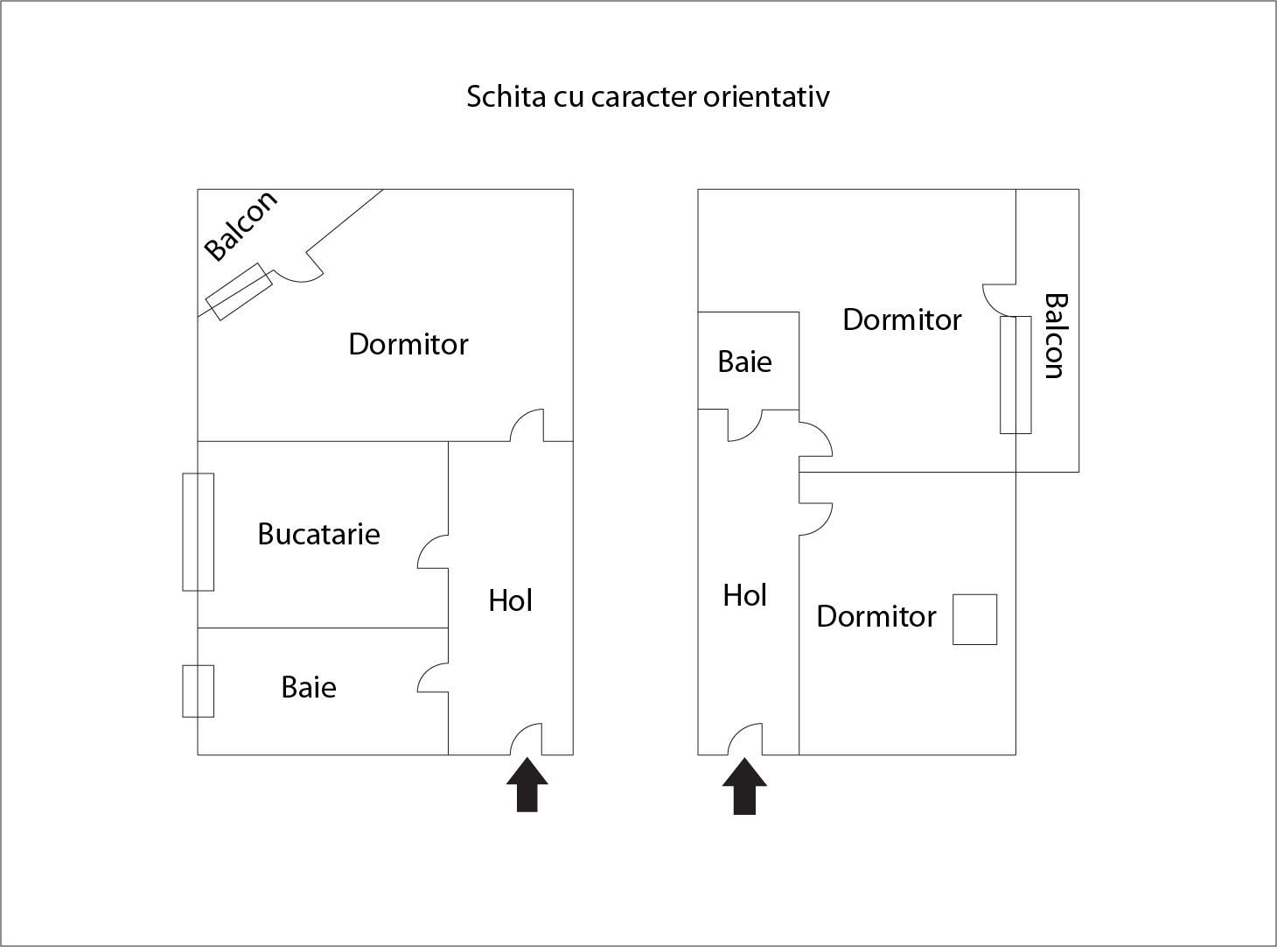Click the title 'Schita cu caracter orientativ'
pos(647,95)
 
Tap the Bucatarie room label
pos(318,534)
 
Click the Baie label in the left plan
pos(309,687)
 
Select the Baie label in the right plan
pos(744,361)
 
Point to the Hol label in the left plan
pos(510,600)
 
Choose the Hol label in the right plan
pos(744,595)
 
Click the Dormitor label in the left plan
pos(408,344)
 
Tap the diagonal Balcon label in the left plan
pos(240,225)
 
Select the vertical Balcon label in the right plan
pos(1056,336)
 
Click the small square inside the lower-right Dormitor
pos(974,620)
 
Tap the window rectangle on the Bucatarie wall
pos(198,532)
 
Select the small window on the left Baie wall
pos(198,691)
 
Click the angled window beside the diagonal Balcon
pos(239,291)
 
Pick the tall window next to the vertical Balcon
pos(1015,375)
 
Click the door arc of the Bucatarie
pos(432,552)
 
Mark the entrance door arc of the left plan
pos(526,739)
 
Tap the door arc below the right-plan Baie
pos(745,426)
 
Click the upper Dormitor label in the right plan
pos(902,319)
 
